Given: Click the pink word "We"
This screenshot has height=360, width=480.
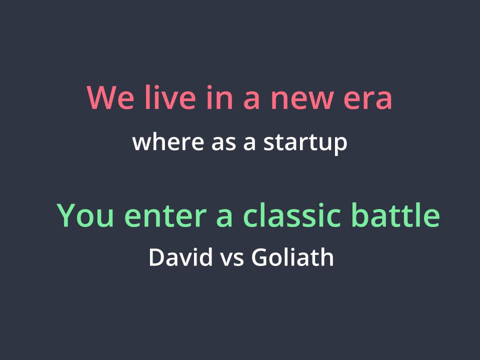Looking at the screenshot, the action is coord(110,97).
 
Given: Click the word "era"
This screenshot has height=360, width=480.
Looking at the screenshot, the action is coord(367,100).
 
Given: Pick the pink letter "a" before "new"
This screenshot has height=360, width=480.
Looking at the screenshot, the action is coord(251,100).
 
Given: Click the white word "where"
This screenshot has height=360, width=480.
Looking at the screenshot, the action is coord(168,141).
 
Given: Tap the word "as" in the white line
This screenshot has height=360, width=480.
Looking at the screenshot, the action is coord(224,143).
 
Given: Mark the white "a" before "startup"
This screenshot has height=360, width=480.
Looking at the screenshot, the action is coord(249,143).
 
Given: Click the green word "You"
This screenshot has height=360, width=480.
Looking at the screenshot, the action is coord(85,215).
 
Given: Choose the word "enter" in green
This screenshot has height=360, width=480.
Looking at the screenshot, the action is coord(165,216).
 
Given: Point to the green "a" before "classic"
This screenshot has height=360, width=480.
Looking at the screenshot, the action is coord(224,218).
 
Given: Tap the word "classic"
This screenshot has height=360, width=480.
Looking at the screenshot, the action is coord(291,214).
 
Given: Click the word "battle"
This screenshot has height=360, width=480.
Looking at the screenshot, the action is coord(395,214).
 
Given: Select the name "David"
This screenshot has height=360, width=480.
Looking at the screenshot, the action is coord(180,256).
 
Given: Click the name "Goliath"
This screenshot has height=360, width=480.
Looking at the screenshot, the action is coord(292,256).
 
